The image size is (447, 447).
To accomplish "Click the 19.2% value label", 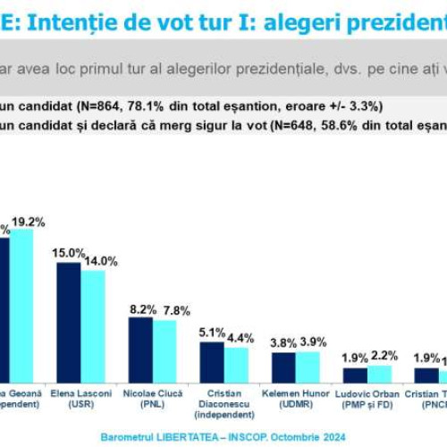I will [x=28, y=222].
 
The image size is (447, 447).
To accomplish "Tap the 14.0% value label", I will [x=100, y=261].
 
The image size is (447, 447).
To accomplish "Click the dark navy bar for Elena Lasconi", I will [x=69, y=322].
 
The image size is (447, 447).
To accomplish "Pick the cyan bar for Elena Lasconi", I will [x=93, y=326].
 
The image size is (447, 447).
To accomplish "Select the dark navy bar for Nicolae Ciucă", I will [x=140, y=350].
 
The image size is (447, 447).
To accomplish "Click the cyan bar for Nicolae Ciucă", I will [x=164, y=351].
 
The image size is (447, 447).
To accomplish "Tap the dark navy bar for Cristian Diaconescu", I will [x=212, y=362].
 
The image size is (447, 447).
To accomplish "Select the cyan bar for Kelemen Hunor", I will [x=308, y=367].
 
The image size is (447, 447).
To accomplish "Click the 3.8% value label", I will [x=283, y=342].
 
